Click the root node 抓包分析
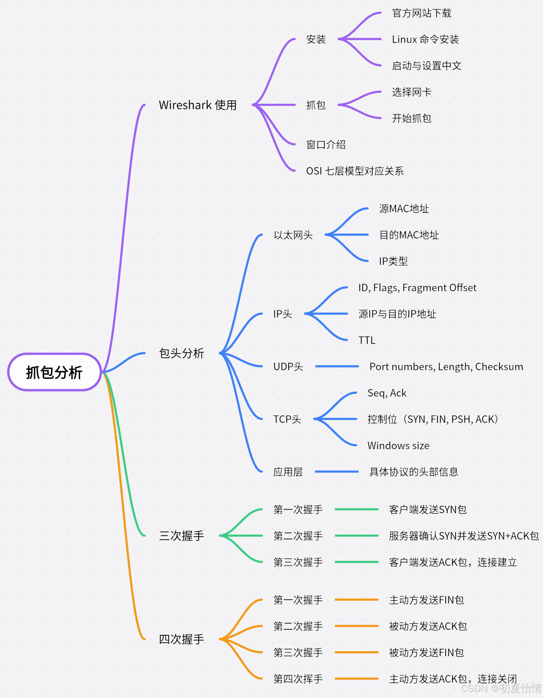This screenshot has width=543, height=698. (54, 372)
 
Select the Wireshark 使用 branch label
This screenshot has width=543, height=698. (198, 105)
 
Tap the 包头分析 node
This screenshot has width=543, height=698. (182, 353)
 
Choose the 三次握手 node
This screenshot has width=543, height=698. (182, 536)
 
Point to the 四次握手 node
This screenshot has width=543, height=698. (182, 639)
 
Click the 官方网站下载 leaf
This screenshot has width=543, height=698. (422, 13)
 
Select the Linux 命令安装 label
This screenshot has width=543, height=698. (425, 39)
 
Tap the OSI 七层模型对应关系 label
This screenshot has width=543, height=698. (355, 171)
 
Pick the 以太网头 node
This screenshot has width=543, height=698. (293, 235)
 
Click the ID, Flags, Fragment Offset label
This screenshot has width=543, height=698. (417, 288)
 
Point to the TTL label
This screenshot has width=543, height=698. (367, 340)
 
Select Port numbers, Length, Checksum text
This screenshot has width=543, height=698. (446, 367)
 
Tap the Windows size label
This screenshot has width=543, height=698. (398, 445)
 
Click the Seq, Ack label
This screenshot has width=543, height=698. (387, 393)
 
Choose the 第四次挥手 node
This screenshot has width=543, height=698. (298, 679)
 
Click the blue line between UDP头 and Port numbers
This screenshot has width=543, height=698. (337, 366)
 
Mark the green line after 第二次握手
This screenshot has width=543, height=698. (357, 536)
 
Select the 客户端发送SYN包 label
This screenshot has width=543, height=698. (428, 510)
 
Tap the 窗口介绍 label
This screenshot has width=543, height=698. (326, 145)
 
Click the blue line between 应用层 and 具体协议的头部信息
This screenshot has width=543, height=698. (337, 472)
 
